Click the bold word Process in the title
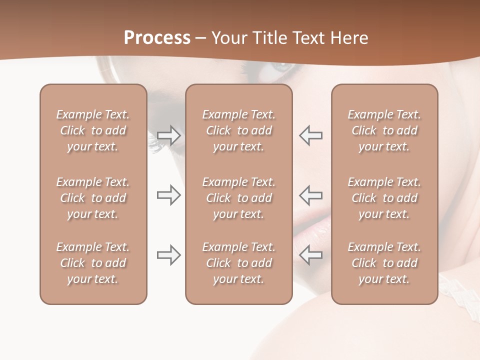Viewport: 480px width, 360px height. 157,38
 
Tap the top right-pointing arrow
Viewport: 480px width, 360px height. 169,135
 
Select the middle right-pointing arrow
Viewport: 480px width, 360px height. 169,195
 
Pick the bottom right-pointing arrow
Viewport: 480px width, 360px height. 169,255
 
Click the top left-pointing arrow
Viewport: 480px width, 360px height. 310,135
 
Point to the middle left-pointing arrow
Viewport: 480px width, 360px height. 310,195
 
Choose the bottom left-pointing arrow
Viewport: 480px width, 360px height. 310,255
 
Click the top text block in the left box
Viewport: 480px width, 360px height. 93,130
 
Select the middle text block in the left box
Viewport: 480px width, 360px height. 93,198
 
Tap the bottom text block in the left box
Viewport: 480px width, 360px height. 93,263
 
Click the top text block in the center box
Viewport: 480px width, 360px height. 238,130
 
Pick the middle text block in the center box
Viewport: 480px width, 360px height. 238,198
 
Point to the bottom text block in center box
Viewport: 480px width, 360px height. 238,263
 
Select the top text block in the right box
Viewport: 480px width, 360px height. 384,130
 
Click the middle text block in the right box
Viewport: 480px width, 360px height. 384,198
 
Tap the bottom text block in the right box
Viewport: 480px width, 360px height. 384,263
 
